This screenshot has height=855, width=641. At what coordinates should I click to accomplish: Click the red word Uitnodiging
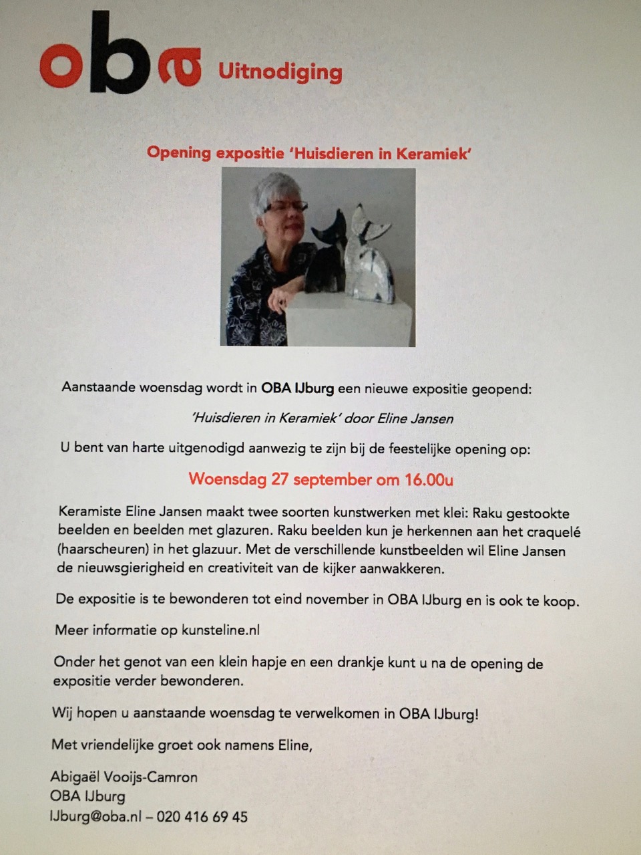[x=280, y=72]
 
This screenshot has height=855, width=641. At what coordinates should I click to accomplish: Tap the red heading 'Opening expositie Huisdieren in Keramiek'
[x=309, y=153]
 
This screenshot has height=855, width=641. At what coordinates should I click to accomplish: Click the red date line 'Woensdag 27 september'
[x=280, y=479]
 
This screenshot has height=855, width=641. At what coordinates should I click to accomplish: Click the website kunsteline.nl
[x=220, y=630]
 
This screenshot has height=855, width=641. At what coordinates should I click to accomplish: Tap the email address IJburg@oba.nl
[x=95, y=816]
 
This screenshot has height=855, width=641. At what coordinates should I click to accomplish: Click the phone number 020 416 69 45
[x=202, y=816]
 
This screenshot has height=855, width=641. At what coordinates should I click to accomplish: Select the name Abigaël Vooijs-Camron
[x=124, y=777]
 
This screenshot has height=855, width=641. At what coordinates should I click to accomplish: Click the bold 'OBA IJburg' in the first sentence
[x=297, y=388]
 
